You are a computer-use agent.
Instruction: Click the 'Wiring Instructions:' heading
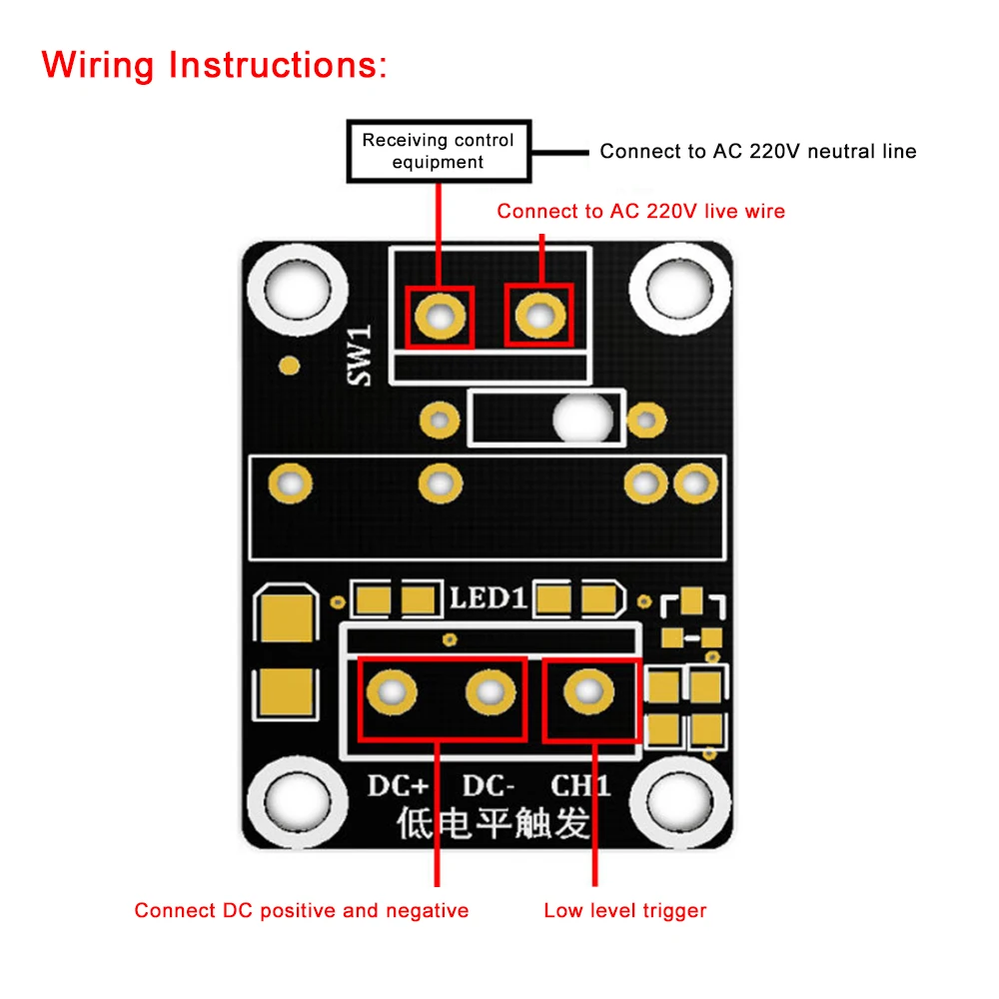coord(214,65)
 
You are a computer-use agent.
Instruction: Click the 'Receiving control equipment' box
coord(438,151)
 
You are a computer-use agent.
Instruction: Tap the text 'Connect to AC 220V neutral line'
coord(757,152)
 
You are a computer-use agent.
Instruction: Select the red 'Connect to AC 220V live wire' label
coord(640,211)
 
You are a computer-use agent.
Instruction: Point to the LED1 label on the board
coord(487,598)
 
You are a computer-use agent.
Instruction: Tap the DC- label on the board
coord(489,786)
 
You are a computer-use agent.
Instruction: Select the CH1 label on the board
coord(579,786)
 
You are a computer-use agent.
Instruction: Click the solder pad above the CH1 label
coord(589,691)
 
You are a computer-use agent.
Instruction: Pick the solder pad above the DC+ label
coord(393,691)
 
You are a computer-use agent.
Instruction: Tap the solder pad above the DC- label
coord(491,691)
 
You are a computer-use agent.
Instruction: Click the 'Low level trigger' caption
coord(624,910)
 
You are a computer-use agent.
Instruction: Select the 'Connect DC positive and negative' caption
coord(301,910)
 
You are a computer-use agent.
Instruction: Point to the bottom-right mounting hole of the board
coord(683,800)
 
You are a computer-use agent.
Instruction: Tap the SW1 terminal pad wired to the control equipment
coord(439,317)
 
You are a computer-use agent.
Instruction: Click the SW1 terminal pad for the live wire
coord(538,317)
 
